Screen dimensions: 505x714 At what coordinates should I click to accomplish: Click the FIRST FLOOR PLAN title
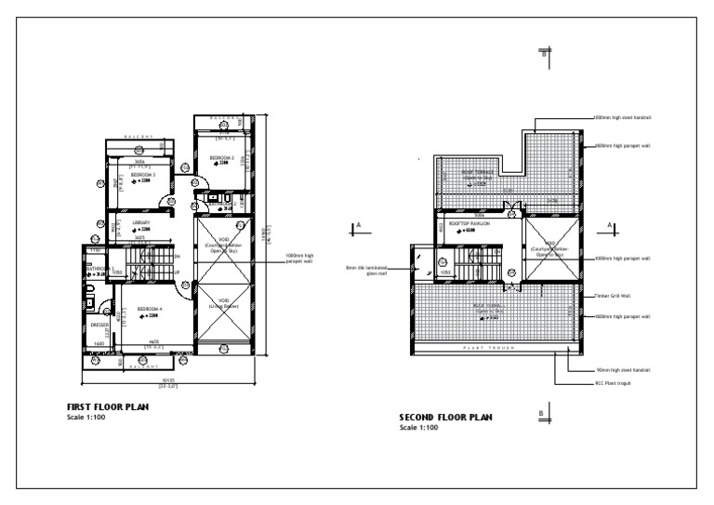point(108,406)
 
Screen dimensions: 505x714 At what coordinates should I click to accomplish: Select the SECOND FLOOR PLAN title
point(446,418)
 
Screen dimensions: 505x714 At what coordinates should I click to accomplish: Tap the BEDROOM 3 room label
point(142,174)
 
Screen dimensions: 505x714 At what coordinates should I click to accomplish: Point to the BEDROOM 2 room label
point(220,157)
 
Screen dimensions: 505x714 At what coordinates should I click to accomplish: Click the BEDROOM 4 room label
point(150,308)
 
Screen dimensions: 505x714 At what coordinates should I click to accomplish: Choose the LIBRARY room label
point(140,223)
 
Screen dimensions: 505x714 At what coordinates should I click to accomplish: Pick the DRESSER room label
point(99,325)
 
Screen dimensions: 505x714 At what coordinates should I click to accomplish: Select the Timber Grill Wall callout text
point(613,296)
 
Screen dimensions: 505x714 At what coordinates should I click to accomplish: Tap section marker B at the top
point(545,53)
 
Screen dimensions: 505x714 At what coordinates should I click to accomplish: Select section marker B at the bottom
point(541,411)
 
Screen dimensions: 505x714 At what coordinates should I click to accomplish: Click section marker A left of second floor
point(358,224)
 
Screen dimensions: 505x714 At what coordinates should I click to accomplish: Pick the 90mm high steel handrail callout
point(623,369)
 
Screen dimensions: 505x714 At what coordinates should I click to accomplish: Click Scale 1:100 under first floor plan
point(86,417)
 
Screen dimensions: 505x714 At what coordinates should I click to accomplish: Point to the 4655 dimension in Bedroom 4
point(152,342)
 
